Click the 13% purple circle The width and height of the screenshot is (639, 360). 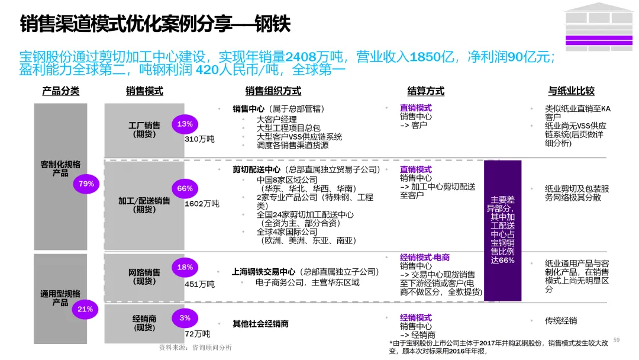pyautogui.click(x=185, y=124)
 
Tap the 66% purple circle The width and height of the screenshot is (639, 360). pyautogui.click(x=185, y=189)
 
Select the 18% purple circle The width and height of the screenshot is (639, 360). pyautogui.click(x=185, y=267)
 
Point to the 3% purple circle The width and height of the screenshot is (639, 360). pyautogui.click(x=185, y=318)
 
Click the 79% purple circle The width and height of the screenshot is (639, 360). pyautogui.click(x=86, y=184)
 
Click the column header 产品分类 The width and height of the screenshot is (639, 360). pyautogui.click(x=60, y=91)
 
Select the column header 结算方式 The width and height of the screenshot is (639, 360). pyautogui.click(x=425, y=91)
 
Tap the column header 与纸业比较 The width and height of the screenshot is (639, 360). pyautogui.click(x=571, y=91)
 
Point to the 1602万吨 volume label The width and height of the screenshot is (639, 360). pyautogui.click(x=202, y=204)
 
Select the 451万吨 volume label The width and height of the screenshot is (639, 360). pyautogui.click(x=199, y=284)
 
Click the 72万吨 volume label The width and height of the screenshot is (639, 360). pyautogui.click(x=197, y=335)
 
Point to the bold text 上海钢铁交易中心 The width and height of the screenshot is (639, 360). pyautogui.click(x=264, y=272)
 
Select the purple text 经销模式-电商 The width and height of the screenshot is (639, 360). pyautogui.click(x=424, y=258)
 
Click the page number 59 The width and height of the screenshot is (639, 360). pyautogui.click(x=616, y=340)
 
